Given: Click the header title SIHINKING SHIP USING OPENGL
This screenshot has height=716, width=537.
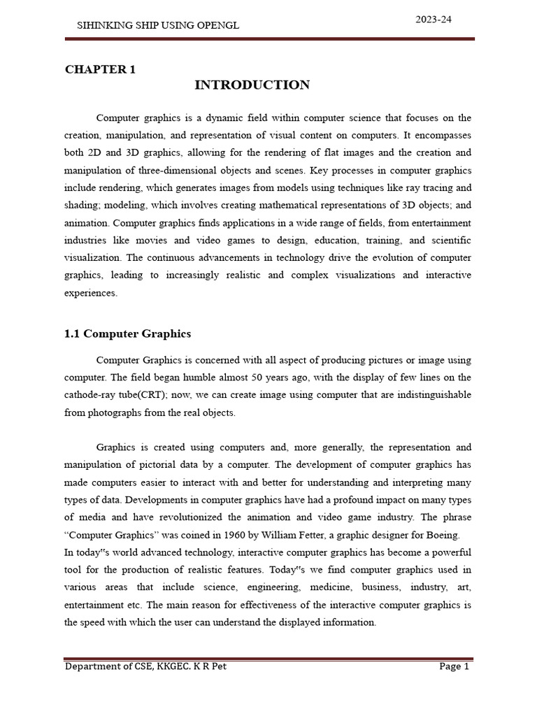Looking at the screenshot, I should [x=157, y=25].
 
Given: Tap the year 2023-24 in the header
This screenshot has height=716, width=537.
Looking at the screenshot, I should [x=434, y=20].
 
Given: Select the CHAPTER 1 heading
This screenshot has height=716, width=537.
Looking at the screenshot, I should [x=100, y=69].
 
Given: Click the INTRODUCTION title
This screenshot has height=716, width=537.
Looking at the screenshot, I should [x=252, y=85].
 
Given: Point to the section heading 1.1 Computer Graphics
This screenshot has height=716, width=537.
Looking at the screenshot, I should [x=127, y=334].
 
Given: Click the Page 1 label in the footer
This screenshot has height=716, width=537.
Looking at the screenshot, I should [x=454, y=666].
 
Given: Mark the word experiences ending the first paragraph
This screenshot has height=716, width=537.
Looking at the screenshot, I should [x=91, y=293].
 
